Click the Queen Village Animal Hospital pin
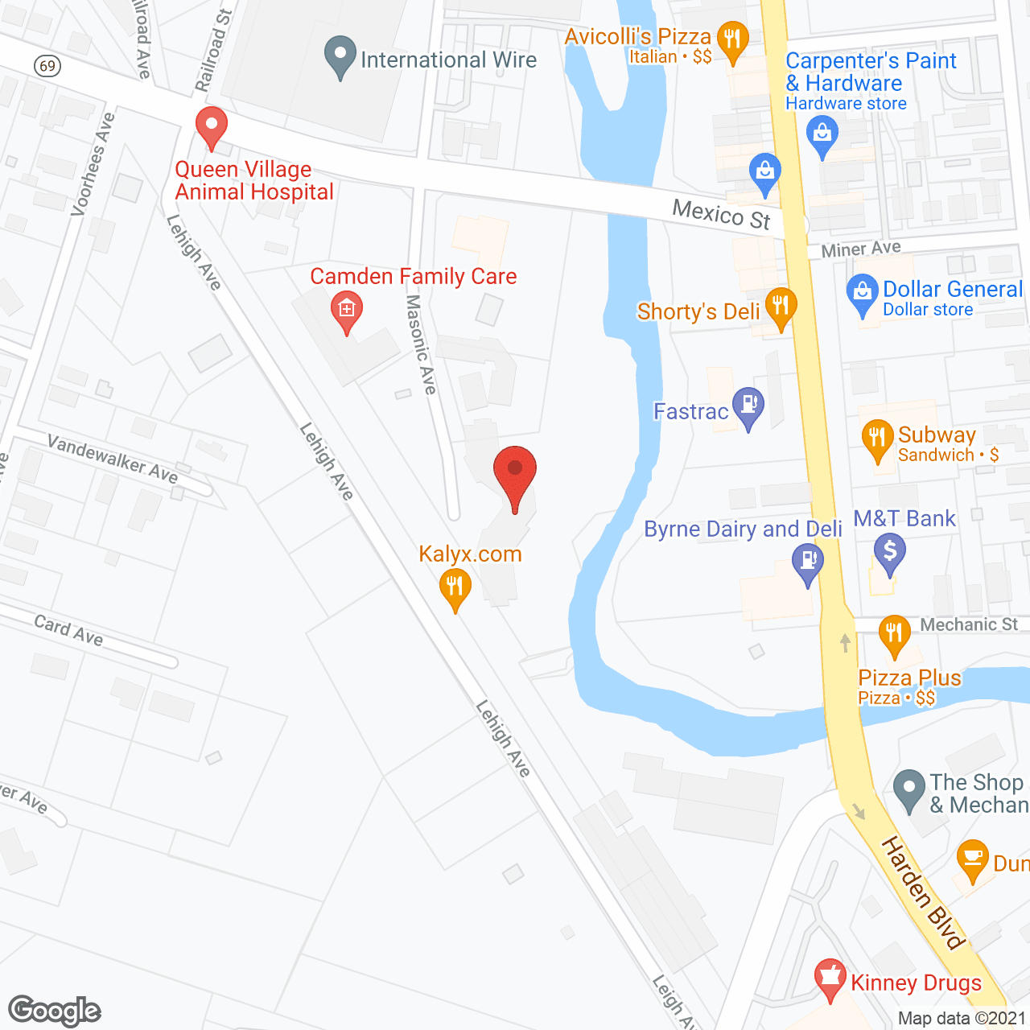point(212,127)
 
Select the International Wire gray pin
point(340,56)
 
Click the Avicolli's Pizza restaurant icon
point(732,40)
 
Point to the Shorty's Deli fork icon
point(781,307)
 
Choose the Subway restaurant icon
point(877,439)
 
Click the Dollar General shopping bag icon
point(862,293)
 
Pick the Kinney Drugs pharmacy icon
point(830,978)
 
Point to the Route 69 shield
point(48,65)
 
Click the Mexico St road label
point(721,215)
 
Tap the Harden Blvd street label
point(923,892)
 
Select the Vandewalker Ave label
point(112,458)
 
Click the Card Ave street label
point(68,630)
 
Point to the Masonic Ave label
point(421,344)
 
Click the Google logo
point(55,1011)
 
